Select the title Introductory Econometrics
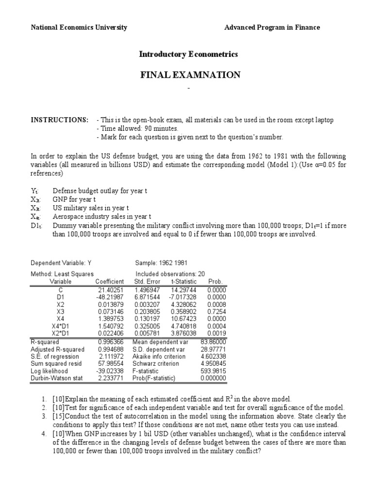(188, 54)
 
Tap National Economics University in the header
(79, 27)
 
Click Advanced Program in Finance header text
(272, 27)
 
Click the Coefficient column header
(110, 282)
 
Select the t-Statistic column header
(183, 282)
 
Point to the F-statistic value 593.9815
(213, 370)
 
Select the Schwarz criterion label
(159, 363)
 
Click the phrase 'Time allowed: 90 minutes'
(137, 129)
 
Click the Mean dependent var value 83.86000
(213, 342)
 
